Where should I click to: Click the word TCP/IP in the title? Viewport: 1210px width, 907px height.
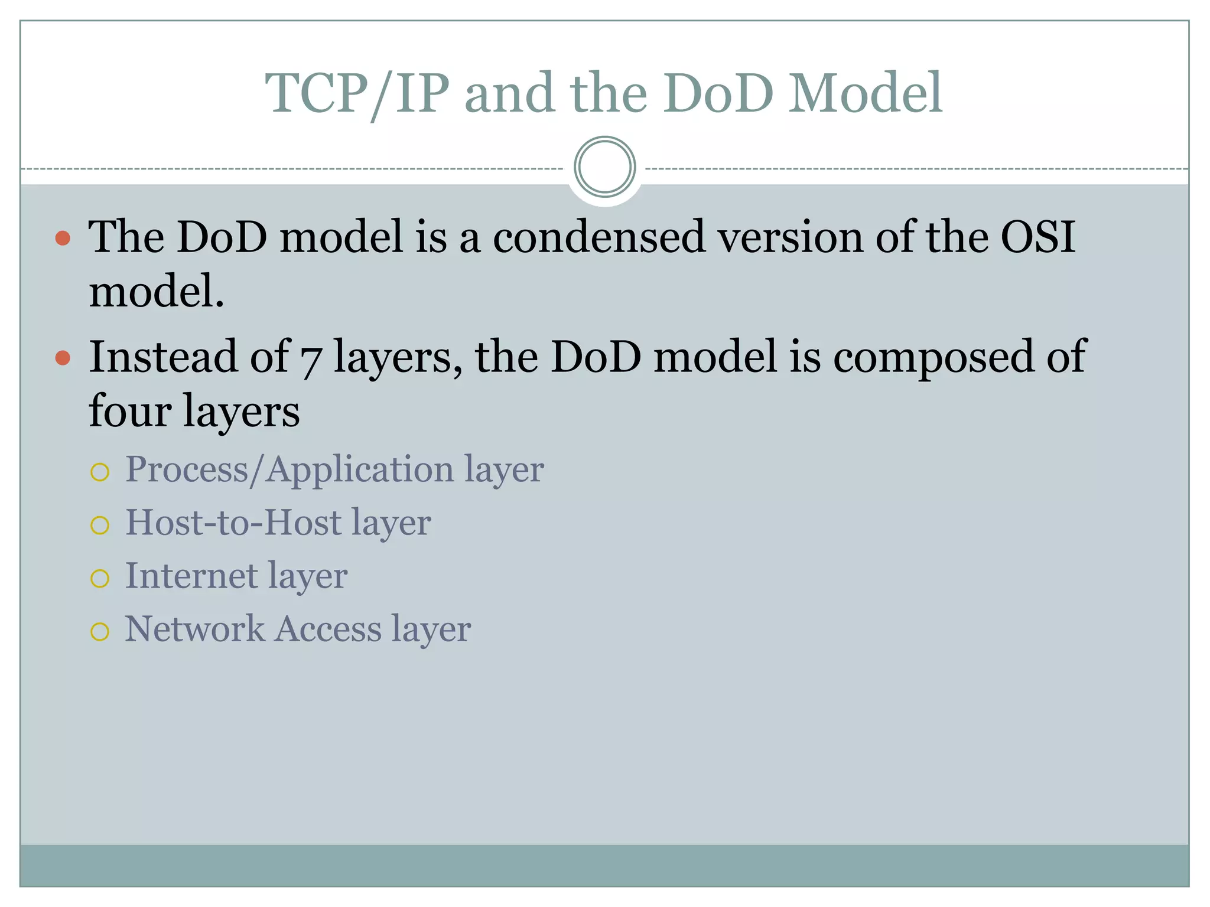[x=356, y=93]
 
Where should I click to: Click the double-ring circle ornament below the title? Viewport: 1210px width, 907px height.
[x=604, y=167]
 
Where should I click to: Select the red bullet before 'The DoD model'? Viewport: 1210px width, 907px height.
[x=63, y=239]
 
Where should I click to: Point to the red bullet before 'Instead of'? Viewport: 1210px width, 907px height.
[x=63, y=358]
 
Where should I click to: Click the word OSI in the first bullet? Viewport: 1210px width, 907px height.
[x=1037, y=237]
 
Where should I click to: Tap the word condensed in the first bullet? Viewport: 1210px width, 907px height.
[x=599, y=237]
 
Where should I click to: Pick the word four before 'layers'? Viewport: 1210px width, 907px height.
[x=130, y=412]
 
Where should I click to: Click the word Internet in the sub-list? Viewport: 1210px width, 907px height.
[x=191, y=576]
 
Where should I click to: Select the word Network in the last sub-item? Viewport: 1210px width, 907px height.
[x=195, y=629]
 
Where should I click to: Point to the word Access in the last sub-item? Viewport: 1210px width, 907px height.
[x=328, y=629]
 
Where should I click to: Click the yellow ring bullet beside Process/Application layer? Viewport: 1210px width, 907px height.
[x=100, y=472]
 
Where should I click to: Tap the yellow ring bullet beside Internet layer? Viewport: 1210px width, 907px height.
[x=100, y=579]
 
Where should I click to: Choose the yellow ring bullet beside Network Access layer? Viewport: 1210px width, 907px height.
[x=100, y=632]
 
